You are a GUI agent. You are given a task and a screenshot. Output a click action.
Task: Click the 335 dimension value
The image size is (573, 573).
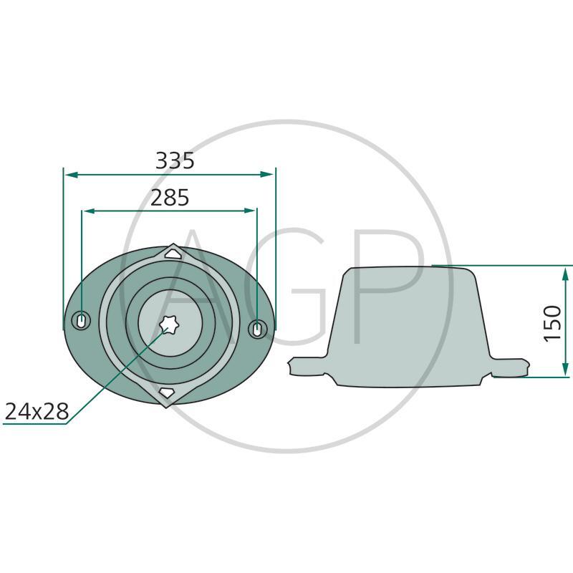click(x=175, y=160)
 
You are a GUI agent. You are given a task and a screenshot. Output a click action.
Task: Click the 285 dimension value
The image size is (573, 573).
click(x=170, y=198)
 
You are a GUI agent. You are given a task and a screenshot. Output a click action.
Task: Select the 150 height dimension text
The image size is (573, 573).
click(x=552, y=324)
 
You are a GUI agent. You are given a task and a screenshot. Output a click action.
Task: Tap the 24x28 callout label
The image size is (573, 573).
click(x=37, y=411)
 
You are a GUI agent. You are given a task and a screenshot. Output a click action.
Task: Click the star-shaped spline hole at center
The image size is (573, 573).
click(x=168, y=324)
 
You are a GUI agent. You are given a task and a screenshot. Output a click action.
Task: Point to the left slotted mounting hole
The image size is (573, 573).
click(x=81, y=320)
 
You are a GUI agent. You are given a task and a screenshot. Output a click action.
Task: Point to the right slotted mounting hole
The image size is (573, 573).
click(x=257, y=329)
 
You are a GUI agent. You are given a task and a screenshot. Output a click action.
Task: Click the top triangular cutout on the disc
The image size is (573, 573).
click(x=173, y=253)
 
